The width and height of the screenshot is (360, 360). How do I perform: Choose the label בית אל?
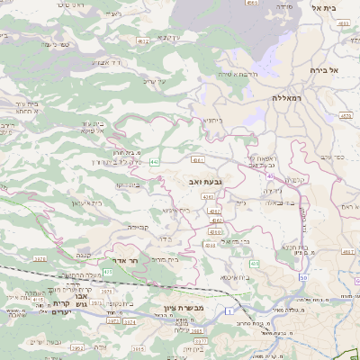click(x=334, y=7)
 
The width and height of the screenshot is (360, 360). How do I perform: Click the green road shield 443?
click(x=155, y=162)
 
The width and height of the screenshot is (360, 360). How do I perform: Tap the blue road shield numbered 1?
click(x=229, y=310)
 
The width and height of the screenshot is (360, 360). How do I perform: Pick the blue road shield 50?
click(x=304, y=278)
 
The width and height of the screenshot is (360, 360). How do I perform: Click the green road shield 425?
click(x=108, y=271)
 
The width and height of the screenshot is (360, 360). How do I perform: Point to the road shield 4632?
click(x=143, y=41)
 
